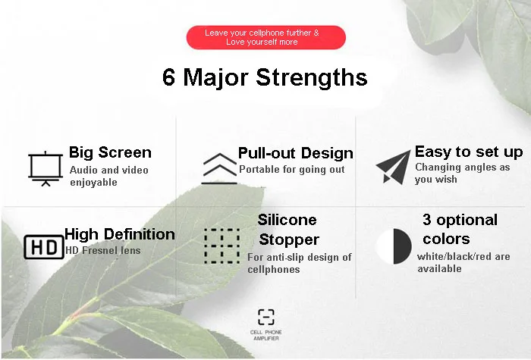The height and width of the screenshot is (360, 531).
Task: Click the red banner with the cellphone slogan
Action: tap(265, 37)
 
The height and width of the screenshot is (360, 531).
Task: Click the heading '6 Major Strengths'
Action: tap(265, 78)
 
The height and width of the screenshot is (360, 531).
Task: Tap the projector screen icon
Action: tap(44, 168)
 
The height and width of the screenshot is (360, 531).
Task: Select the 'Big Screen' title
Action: tap(110, 152)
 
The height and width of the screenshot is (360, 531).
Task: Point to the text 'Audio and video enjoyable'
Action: tap(109, 176)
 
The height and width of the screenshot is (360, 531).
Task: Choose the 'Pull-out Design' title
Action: tap(295, 154)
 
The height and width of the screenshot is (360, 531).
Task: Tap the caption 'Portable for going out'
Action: tap(291, 170)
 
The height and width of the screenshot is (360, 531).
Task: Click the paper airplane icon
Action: tap(393, 167)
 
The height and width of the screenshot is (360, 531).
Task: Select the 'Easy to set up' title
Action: tap(468, 152)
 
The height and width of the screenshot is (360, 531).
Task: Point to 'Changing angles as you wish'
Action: tap(462, 173)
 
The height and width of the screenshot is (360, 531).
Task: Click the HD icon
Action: tap(43, 247)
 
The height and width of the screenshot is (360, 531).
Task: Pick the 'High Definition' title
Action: tap(120, 234)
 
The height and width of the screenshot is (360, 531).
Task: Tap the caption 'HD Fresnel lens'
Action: tap(102, 250)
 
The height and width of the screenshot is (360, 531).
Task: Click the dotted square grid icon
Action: tap(222, 245)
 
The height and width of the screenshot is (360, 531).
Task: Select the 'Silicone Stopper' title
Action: tap(288, 230)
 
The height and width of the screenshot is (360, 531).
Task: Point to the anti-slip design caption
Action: tap(299, 263)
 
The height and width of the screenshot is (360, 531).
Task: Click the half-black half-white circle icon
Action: tap(394, 246)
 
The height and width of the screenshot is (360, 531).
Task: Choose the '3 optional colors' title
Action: tap(460, 228)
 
